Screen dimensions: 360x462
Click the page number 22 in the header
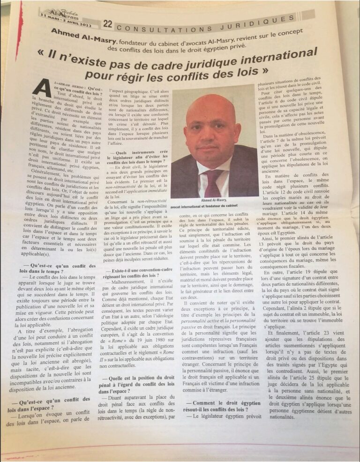[107, 23]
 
